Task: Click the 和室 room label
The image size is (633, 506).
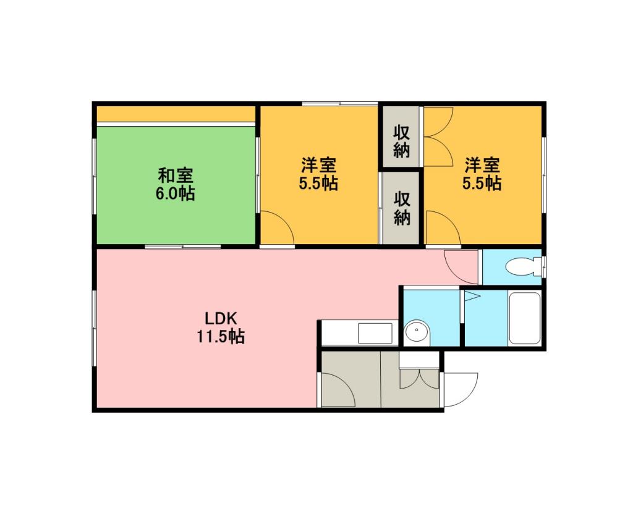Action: click(175, 176)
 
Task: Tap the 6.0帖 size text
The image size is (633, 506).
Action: click(175, 193)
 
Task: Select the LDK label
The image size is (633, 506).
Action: click(221, 319)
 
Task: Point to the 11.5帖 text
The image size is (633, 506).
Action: click(221, 336)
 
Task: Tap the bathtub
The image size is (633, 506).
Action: click(524, 318)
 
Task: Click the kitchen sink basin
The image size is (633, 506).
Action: click(375, 333)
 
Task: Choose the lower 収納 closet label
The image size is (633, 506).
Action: click(402, 209)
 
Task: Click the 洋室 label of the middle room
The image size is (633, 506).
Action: click(318, 165)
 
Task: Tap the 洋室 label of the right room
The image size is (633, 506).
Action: click(482, 165)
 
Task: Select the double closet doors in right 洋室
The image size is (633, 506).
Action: click(438, 137)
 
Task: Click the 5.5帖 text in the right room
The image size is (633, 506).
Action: click(482, 183)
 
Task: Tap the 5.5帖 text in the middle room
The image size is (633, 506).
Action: click(318, 183)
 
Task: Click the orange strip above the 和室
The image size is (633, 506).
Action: click(176, 114)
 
